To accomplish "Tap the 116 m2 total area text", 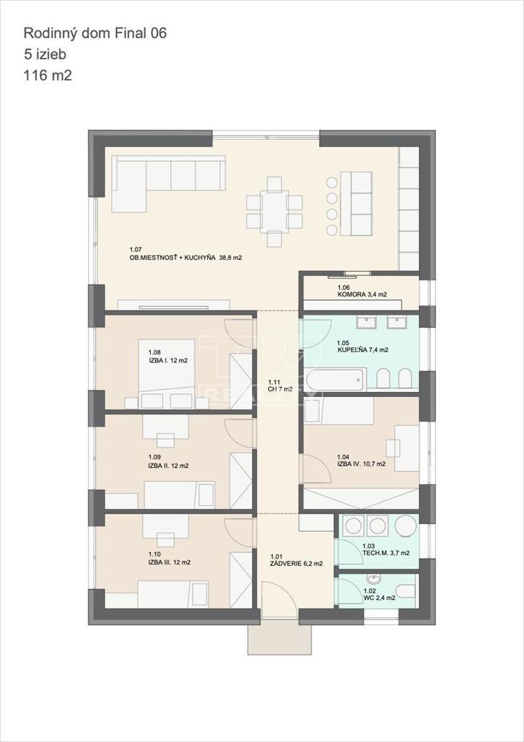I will [x=48, y=75].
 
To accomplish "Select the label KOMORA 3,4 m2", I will [x=362, y=295].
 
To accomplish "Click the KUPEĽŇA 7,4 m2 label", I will [x=362, y=349].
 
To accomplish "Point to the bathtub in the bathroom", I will [x=335, y=379].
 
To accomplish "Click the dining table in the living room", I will [x=274, y=211].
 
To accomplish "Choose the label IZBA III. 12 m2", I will [x=170, y=562].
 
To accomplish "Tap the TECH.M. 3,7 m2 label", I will [x=386, y=552].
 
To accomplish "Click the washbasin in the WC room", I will [x=374, y=579].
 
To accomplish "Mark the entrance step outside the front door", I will [x=280, y=638].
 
